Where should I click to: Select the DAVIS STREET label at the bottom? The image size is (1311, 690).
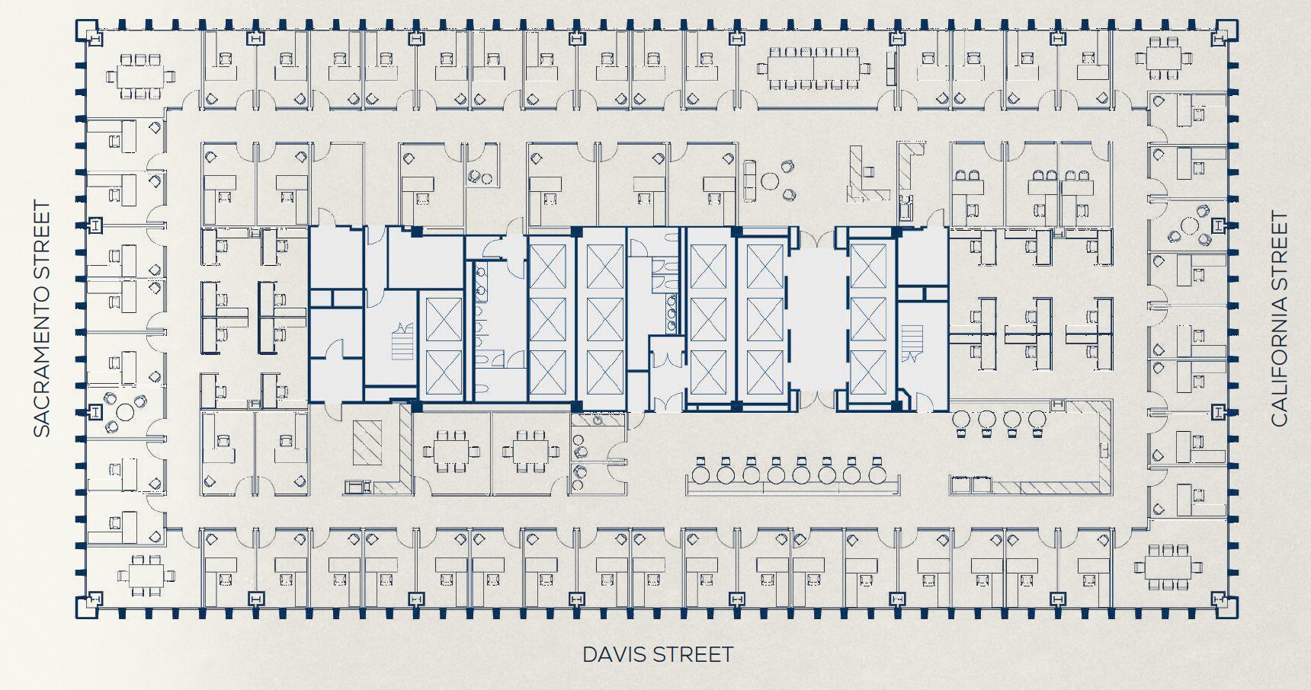tap(657, 654)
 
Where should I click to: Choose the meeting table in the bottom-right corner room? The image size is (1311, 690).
tap(1167, 567)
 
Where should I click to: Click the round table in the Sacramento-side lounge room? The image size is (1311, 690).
tap(124, 412)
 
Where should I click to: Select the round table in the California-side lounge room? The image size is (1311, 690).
tap(1188, 226)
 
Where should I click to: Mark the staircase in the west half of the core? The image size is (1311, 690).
tap(402, 341)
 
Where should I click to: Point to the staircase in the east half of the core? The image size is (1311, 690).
tap(912, 344)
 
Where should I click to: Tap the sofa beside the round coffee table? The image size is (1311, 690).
tap(751, 180)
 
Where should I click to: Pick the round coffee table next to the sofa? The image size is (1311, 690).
tap(771, 182)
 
